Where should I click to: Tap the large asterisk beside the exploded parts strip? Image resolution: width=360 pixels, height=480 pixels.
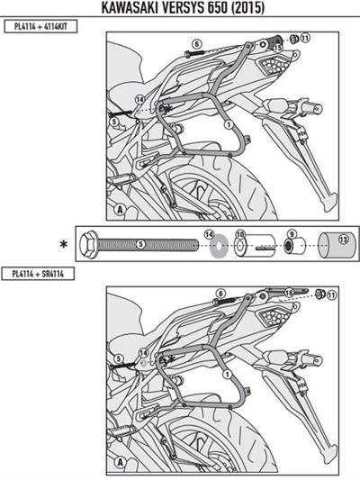coord(63,244)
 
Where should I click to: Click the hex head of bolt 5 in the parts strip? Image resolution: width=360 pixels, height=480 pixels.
coord(88,243)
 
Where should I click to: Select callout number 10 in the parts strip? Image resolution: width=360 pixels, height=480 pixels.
coord(239,234)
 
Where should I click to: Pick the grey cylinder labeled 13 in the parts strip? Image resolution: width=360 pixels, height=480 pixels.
coord(334,242)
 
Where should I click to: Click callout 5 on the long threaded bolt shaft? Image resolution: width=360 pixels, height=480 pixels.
coord(140,243)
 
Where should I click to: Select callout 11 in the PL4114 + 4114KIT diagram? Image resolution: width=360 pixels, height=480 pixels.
coord(306,38)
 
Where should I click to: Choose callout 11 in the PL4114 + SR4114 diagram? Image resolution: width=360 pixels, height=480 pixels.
coord(331,294)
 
